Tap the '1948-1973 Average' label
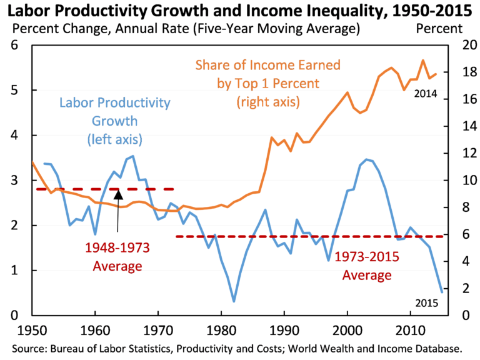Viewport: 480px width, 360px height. click(x=118, y=257)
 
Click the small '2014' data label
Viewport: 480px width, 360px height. click(x=424, y=94)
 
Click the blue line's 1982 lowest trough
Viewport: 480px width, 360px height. click(x=234, y=302)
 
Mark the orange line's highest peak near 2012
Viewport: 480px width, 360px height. click(x=423, y=61)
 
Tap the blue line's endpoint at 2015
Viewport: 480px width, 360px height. click(x=442, y=292)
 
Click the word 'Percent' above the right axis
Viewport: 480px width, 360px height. click(x=439, y=28)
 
